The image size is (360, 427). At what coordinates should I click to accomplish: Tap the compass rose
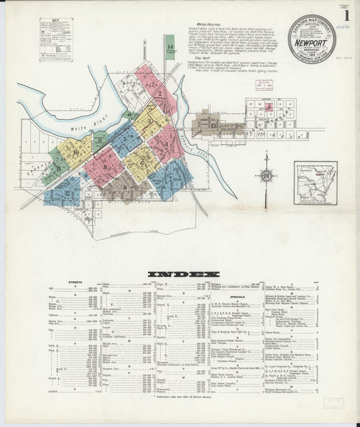pos(266,176)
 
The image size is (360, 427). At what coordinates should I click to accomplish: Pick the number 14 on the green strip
pos(169,47)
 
